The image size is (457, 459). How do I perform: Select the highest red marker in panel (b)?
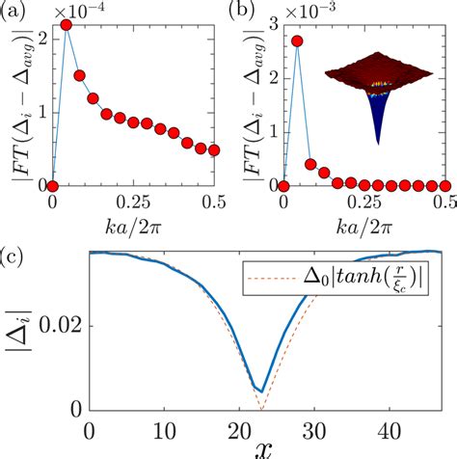point(297,41)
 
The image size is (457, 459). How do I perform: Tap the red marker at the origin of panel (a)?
point(53,185)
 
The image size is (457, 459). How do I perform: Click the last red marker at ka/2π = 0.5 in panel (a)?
point(214,150)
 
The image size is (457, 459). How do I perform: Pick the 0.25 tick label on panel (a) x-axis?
point(133,204)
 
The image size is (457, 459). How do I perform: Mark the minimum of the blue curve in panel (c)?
point(259,391)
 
